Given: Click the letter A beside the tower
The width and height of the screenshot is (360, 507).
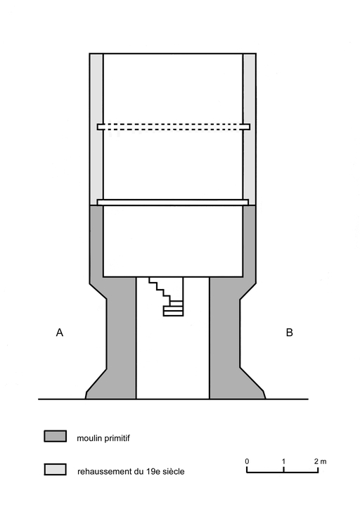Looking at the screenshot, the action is (60, 333).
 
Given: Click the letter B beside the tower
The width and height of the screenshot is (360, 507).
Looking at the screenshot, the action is (290, 333).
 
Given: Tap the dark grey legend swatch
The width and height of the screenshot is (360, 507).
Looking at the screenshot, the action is (56, 436).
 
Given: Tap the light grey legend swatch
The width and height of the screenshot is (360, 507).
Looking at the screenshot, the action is (56, 469).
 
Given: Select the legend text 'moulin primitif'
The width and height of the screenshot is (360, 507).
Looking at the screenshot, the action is (103, 439).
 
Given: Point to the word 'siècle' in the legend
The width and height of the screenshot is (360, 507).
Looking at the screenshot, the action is (174, 471).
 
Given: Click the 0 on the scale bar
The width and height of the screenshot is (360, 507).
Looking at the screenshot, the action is (247, 461).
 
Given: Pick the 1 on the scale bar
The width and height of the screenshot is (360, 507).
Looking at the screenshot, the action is (283, 461).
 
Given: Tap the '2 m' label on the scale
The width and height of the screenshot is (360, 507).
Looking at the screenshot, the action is (320, 461).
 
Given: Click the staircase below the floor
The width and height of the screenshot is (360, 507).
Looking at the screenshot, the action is (166, 296).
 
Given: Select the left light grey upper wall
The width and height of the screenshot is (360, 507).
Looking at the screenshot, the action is (96, 129).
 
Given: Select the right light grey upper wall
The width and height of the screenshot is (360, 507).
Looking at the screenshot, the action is (250, 129).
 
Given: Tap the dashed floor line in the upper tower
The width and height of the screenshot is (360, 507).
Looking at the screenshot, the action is (173, 127).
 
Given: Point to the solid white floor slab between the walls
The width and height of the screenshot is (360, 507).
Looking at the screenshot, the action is (173, 203).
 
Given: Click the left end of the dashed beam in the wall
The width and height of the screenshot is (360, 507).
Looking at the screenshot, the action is (98, 127).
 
